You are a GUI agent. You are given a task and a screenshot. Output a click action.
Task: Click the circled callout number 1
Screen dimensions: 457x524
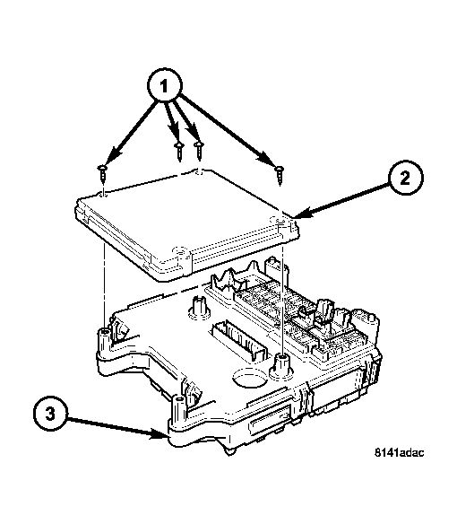164,86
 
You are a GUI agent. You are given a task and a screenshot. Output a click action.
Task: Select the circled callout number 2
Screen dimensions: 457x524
405,178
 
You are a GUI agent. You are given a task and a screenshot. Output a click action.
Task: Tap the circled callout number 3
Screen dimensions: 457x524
50,415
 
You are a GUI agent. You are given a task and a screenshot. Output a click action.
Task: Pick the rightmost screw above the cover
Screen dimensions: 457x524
279,173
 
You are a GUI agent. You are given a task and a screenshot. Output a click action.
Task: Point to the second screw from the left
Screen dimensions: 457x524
179,151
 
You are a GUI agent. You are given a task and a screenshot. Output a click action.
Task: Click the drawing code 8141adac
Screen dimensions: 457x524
400,452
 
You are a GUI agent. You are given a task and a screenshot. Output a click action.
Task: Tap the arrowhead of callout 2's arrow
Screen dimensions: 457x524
303,214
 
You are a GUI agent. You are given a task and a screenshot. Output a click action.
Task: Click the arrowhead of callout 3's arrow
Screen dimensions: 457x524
160,434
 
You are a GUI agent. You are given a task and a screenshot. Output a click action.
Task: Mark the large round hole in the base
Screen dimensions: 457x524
250,377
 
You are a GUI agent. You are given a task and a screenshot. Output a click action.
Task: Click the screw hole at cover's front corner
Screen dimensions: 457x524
180,251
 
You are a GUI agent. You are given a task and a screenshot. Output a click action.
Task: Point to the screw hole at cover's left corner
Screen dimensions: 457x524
103,193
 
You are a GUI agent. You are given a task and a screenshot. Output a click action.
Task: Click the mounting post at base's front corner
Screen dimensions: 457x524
178,410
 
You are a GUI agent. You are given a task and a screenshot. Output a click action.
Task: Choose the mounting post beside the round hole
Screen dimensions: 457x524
283,367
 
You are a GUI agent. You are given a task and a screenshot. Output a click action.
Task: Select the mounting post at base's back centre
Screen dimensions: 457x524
199,305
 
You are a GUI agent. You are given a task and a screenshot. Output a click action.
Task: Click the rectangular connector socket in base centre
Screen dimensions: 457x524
239,341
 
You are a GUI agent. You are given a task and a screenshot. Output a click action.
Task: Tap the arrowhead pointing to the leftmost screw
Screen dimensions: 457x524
113,156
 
